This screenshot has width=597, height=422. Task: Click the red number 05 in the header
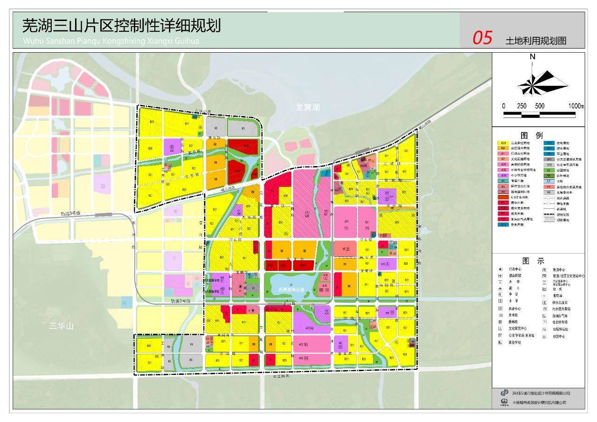pyautogui.click(x=482, y=38)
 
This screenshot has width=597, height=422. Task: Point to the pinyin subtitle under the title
pyautogui.click(x=111, y=41)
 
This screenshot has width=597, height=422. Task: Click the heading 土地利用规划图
pyautogui.click(x=536, y=41)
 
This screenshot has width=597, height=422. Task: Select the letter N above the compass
pyautogui.click(x=532, y=57)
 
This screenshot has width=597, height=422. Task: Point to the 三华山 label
pyautogui.click(x=62, y=326)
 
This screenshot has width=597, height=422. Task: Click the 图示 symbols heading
pyautogui.click(x=539, y=261)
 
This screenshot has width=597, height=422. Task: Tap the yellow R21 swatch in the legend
pyautogui.click(x=503, y=143)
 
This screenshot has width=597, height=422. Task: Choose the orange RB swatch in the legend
pyautogui.click(x=503, y=148)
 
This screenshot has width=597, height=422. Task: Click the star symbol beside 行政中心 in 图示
pyautogui.click(x=500, y=269)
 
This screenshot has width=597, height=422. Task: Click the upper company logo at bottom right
pyautogui.click(x=504, y=393)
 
